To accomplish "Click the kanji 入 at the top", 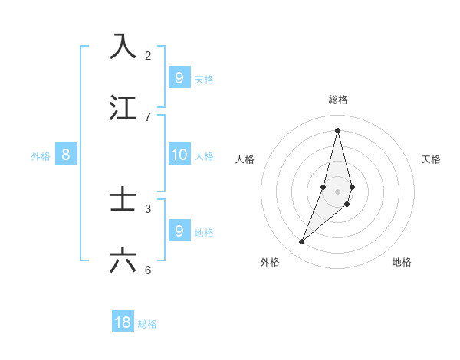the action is [x=123, y=46].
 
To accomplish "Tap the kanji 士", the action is [x=123, y=199].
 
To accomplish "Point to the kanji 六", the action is [x=123, y=260].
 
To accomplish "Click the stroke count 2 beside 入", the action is [x=148, y=55].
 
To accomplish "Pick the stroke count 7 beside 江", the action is [x=148, y=116].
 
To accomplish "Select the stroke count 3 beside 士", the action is [x=148, y=208].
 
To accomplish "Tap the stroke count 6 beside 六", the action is [x=148, y=270].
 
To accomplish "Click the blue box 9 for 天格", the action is [x=179, y=77].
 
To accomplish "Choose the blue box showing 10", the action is [x=179, y=155].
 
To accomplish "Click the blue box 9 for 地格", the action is [x=179, y=231].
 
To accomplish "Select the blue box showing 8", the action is [x=66, y=155].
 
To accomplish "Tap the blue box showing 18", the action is [x=123, y=322].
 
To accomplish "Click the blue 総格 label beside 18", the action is [x=147, y=324].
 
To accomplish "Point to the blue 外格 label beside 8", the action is [x=41, y=156].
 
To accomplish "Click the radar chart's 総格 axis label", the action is [x=338, y=100].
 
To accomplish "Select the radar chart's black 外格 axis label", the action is [x=270, y=262].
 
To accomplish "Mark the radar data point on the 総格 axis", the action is [x=337, y=130].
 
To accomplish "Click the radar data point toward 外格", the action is [x=302, y=242].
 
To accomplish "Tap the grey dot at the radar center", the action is [x=337, y=191].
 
